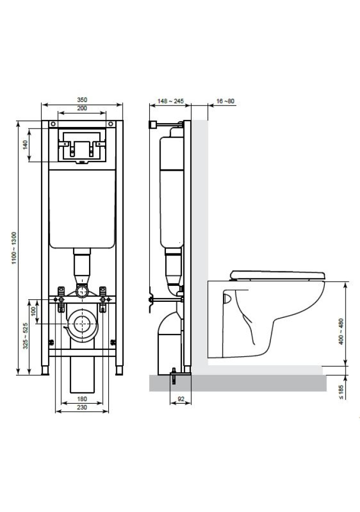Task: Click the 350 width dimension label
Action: pos(82,100)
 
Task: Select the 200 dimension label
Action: pos(82,108)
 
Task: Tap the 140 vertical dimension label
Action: pos(26,145)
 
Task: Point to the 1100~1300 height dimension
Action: pos(14,248)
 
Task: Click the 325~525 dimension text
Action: pos(26,336)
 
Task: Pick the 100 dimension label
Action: pos(33,311)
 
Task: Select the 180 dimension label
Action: pos(82,399)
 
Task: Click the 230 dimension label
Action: pos(82,407)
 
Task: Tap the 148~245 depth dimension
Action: pos(170,101)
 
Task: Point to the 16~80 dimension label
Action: pos(226,101)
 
